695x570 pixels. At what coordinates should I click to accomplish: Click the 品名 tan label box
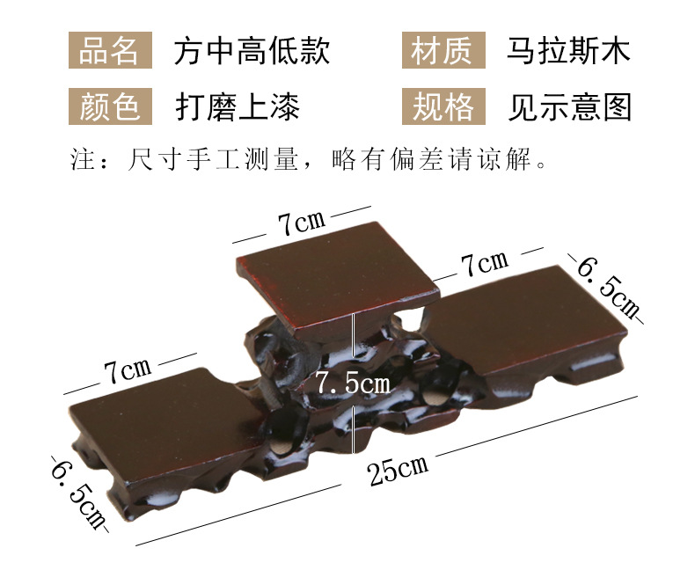pos(110,50)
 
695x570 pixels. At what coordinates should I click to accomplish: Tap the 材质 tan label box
pos(443,50)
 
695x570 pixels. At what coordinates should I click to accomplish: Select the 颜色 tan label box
pos(110,106)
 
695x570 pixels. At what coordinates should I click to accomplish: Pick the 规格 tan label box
pos(443,106)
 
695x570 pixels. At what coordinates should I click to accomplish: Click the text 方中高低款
pos(252,50)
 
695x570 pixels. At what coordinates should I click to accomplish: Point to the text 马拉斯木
pos(568,50)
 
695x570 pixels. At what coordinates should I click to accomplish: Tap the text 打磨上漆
pos(238,106)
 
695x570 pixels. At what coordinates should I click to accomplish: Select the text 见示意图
pos(569,106)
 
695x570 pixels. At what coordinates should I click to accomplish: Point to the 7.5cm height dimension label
pos(354,383)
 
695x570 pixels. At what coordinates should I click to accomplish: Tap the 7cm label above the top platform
pos(302,223)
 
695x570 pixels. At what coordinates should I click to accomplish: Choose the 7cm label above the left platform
pos(128,370)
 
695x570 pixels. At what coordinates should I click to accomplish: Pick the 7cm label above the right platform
pos(485,264)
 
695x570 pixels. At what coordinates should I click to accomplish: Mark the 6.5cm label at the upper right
pos(608,287)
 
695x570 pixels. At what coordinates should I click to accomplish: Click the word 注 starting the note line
pos(83,159)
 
